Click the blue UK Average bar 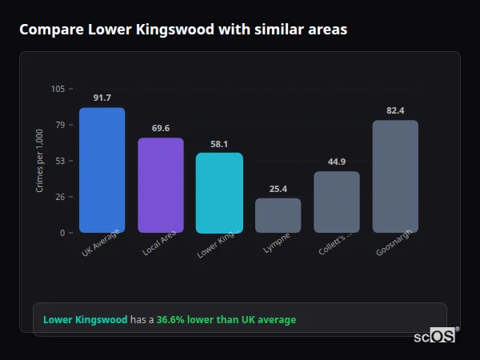click(102, 170)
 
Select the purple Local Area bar click(161, 186)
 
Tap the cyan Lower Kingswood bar click(219, 193)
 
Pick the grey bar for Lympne click(278, 215)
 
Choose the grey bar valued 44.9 click(336, 202)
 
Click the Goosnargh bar click(395, 177)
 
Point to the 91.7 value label click(102, 98)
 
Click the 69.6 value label click(161, 128)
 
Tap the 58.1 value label click(219, 143)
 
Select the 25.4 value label click(278, 189)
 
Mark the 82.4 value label click(395, 110)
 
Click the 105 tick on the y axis click(58, 89)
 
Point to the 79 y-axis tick click(61, 125)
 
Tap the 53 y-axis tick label click(61, 161)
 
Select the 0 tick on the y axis click(63, 233)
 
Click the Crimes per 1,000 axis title click(39, 161)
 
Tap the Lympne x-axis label click(277, 242)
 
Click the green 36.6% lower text click(226, 320)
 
